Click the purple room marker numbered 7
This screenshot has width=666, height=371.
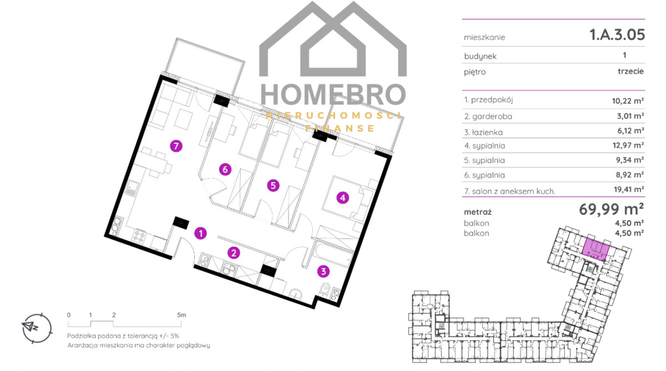pyautogui.click(x=176, y=146)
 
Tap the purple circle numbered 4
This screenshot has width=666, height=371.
pyautogui.click(x=342, y=198)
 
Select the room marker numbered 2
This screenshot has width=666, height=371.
pyautogui.click(x=234, y=253)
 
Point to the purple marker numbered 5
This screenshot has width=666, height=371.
pyautogui.click(x=273, y=185)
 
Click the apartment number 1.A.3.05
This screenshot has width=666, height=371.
pyautogui.click(x=617, y=34)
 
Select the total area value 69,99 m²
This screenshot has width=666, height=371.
pyautogui.click(x=611, y=209)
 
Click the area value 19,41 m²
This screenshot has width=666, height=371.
pyautogui.click(x=629, y=189)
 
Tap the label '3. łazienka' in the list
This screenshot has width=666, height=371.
pyautogui.click(x=483, y=132)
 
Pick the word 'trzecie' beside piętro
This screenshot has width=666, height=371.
pyautogui.click(x=630, y=72)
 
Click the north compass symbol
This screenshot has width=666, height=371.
pyautogui.click(x=37, y=328)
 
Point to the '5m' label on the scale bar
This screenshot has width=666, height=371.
pyautogui.click(x=181, y=315)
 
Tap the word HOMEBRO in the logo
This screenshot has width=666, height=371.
pyautogui.click(x=334, y=94)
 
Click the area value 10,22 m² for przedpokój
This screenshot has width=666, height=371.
pyautogui.click(x=628, y=101)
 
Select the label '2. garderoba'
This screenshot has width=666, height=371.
pyautogui.click(x=488, y=116)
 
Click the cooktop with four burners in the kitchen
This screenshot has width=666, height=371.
pyautogui.click(x=139, y=235)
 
